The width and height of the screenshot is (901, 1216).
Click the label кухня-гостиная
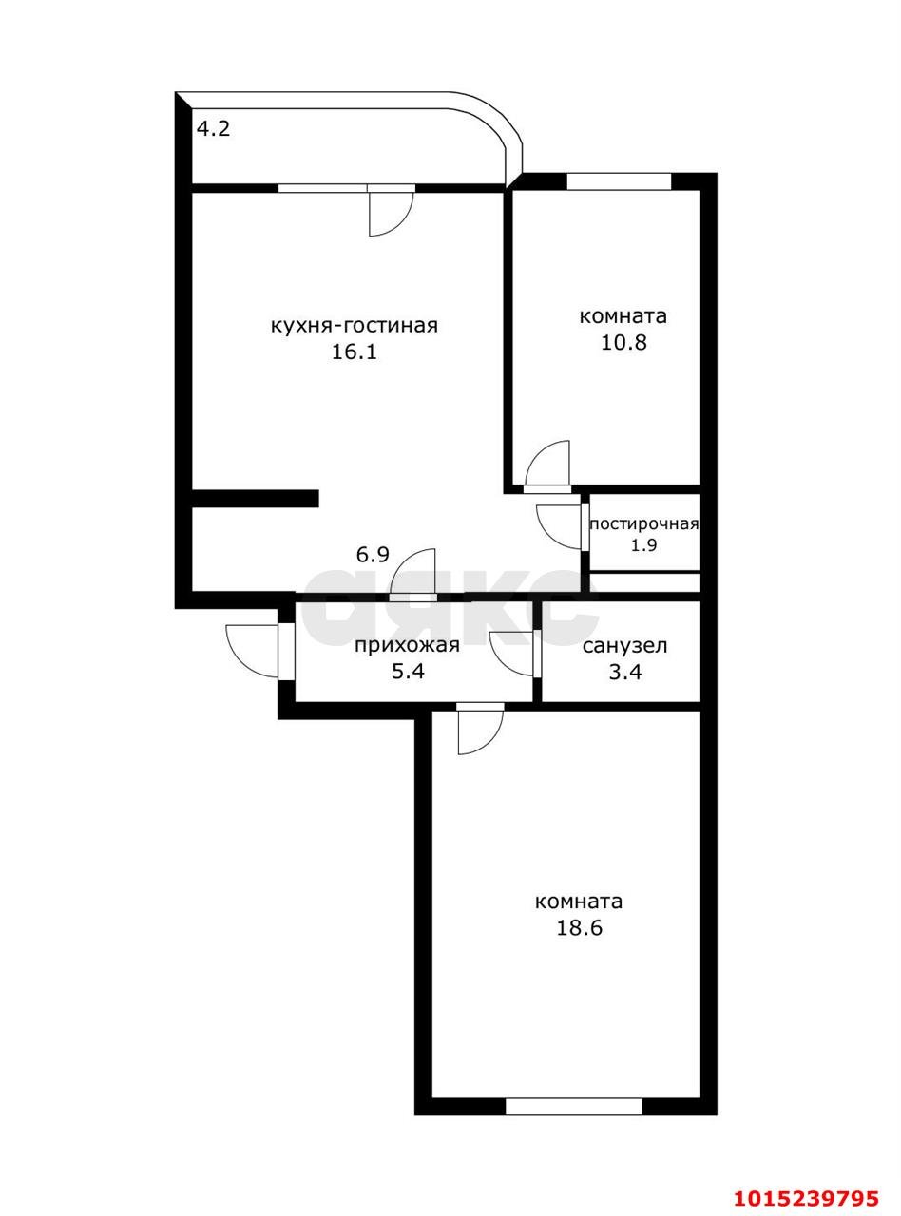[354, 326]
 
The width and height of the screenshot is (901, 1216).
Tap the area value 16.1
[355, 352]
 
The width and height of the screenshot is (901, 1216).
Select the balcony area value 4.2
[213, 128]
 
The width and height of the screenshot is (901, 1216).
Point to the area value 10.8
[623, 343]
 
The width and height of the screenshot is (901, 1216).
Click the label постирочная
[644, 524]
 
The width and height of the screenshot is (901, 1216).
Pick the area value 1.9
[644, 545]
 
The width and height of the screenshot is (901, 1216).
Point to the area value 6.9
[373, 555]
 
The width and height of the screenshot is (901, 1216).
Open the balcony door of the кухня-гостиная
[391, 210]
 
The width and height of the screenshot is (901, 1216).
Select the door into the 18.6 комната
[479, 728]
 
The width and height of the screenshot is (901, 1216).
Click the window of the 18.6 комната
[573, 1106]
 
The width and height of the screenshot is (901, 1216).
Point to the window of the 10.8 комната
[619, 181]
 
